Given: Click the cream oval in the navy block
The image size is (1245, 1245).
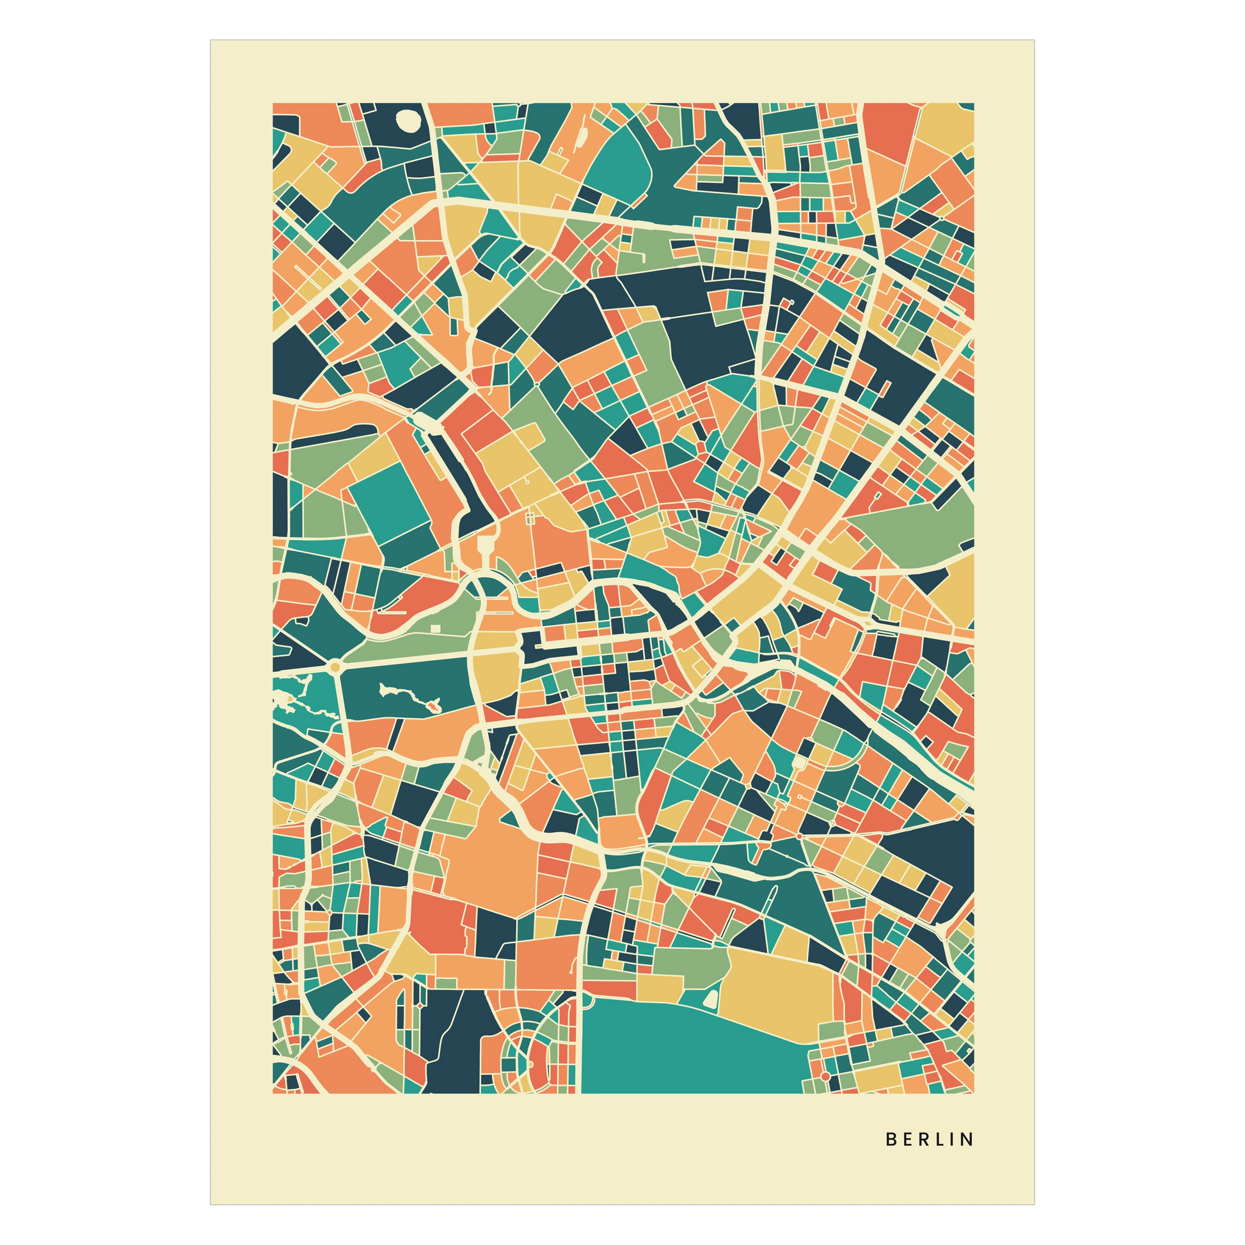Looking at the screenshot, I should coord(408,120).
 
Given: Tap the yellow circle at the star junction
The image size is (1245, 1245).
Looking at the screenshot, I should coord(335,666).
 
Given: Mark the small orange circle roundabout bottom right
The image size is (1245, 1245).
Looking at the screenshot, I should coord(825,1077).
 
